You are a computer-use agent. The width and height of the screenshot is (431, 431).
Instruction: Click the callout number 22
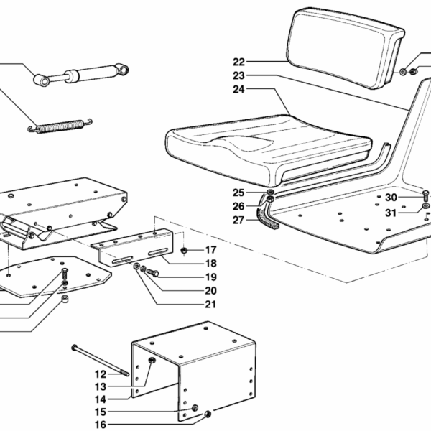[238, 62]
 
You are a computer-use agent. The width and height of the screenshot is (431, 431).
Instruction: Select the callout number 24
[238, 89]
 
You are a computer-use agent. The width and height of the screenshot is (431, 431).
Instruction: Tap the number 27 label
[238, 220]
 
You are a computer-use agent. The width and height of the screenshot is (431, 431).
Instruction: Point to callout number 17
[210, 250]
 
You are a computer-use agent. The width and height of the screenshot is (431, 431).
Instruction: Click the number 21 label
[210, 305]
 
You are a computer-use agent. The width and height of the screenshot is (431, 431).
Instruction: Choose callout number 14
[101, 399]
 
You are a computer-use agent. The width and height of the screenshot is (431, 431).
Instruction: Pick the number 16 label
[101, 425]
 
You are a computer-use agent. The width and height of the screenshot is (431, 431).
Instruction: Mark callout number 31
[391, 213]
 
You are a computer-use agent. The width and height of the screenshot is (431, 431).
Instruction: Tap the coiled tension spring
[60, 126]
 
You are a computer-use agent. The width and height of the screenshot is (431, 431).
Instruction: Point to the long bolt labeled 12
[101, 361]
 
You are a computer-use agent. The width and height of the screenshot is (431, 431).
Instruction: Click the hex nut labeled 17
[184, 250]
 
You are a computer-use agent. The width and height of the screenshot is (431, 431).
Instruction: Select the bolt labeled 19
[152, 273]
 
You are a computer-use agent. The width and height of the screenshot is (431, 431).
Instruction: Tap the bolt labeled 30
[425, 195]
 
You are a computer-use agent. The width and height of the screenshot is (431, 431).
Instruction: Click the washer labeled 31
[425, 206]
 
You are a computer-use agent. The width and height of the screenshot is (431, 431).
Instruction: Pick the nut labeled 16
[208, 414]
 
